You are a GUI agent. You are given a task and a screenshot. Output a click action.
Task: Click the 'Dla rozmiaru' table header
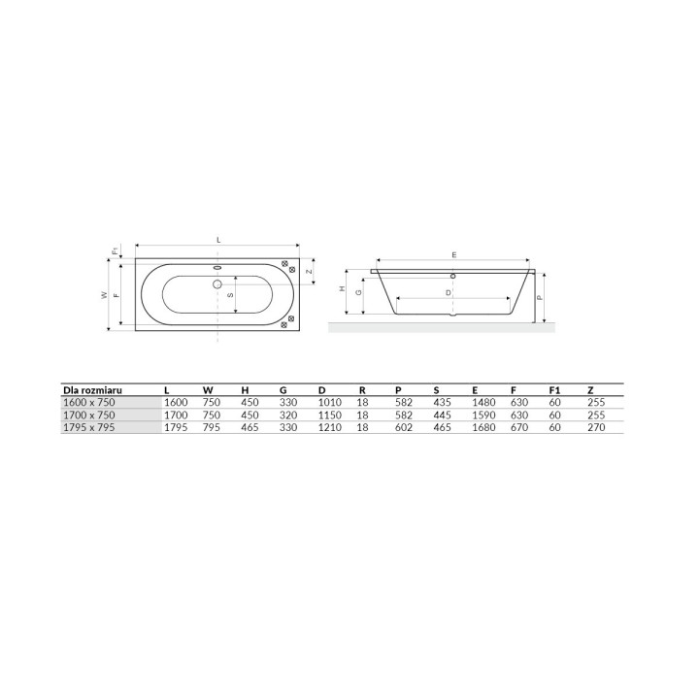92,390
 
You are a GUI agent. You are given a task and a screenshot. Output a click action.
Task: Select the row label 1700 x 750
89,416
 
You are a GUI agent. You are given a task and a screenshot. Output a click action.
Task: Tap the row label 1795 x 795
89,427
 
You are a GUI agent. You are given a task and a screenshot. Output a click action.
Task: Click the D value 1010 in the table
330,403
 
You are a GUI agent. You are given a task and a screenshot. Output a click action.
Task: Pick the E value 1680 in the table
483,427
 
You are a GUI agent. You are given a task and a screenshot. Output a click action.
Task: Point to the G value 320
288,416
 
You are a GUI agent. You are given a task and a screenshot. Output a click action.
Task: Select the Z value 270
596,427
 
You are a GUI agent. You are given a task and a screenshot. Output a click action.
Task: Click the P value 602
404,427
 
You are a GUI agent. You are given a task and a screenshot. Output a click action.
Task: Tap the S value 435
443,403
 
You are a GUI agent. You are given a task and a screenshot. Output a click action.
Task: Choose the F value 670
519,427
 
